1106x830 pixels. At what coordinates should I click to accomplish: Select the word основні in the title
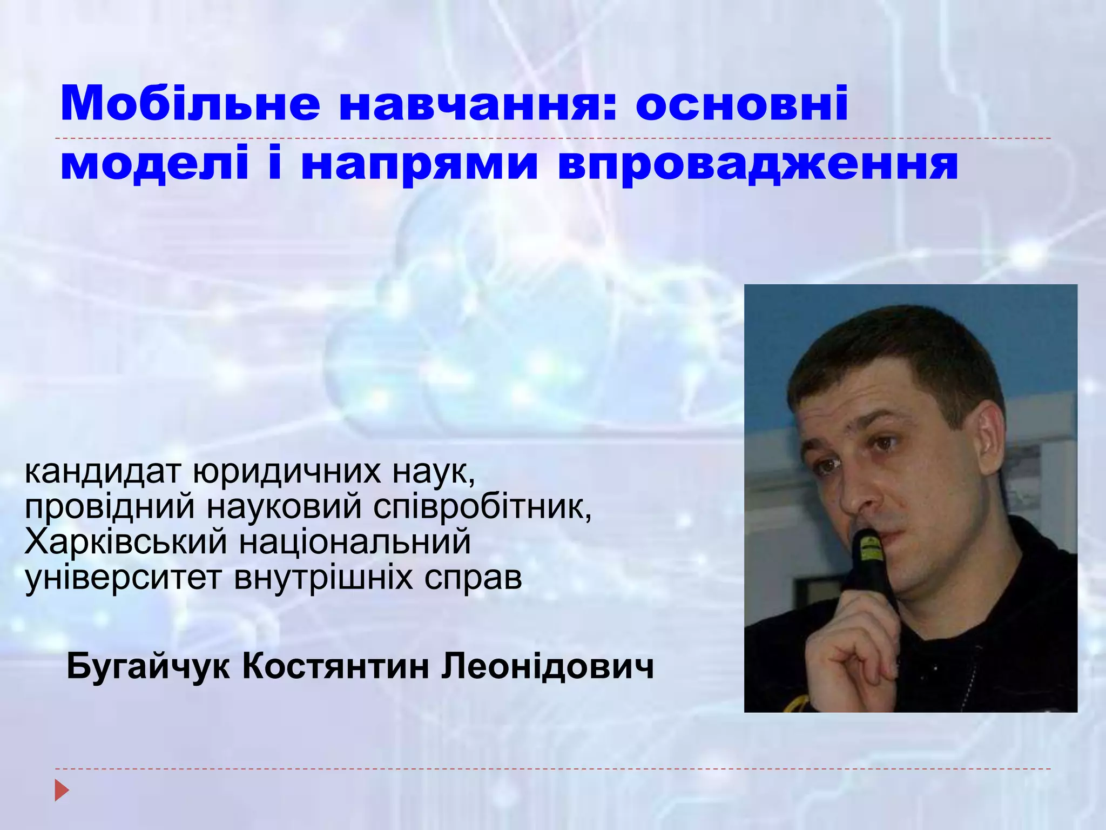[741, 103]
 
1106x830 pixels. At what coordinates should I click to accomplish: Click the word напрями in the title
[419, 165]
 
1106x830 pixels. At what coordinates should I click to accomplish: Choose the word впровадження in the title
[758, 165]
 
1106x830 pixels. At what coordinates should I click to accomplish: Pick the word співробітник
[482, 508]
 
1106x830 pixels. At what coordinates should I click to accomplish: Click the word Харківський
[126, 543]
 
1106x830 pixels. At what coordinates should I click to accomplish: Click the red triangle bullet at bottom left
[62, 791]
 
